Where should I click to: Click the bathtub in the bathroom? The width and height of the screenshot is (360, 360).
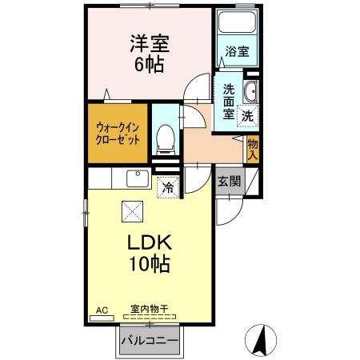pos(236,26)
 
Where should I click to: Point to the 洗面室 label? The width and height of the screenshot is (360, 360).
pos(228,102)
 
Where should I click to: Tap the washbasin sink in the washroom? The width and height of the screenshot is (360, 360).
pos(250,90)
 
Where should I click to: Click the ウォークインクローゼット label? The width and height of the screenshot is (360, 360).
pos(118,131)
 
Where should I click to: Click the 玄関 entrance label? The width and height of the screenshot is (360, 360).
pos(230,181)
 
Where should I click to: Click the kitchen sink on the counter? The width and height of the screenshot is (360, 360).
pos(135,178)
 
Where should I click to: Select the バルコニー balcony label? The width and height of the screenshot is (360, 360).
pos(150,341)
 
